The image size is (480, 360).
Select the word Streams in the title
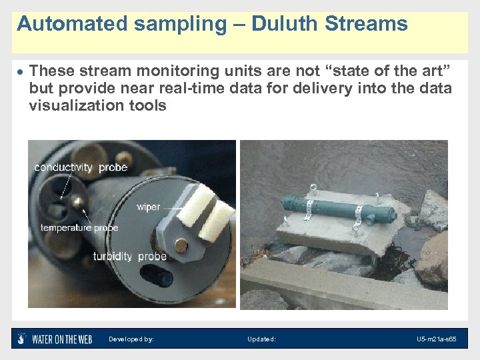pyautogui.click(x=366, y=25)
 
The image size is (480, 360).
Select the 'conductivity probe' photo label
pyautogui.click(x=81, y=167)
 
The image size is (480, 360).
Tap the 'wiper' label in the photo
pyautogui.click(x=148, y=207)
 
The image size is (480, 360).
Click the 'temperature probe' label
pyautogui.click(x=79, y=227)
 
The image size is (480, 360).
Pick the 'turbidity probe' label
pyautogui.click(x=129, y=256)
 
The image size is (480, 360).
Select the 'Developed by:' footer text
pyautogui.click(x=131, y=339)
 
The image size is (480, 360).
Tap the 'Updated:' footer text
pyautogui.click(x=261, y=339)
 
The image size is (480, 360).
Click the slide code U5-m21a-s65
pyautogui.click(x=437, y=339)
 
